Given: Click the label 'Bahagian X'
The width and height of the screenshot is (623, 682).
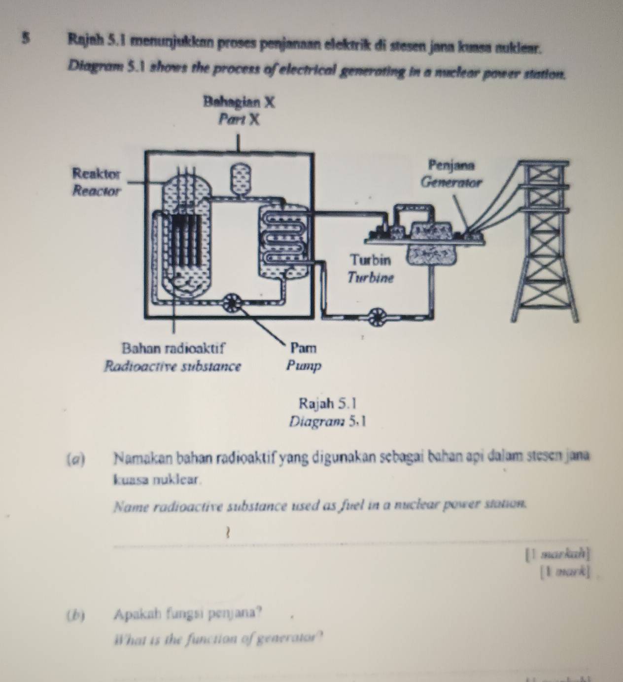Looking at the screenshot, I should (239, 103).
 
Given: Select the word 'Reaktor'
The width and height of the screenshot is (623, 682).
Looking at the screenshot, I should (96, 174).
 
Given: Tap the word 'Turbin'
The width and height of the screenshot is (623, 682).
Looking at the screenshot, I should (370, 259).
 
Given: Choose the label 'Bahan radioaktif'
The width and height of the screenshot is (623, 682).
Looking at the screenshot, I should (173, 348).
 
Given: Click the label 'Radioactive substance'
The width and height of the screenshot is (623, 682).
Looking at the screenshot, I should (172, 366).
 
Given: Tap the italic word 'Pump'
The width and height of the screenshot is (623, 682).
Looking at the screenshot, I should (304, 366).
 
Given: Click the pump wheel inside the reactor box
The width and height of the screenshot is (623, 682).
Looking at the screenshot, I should (231, 301).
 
